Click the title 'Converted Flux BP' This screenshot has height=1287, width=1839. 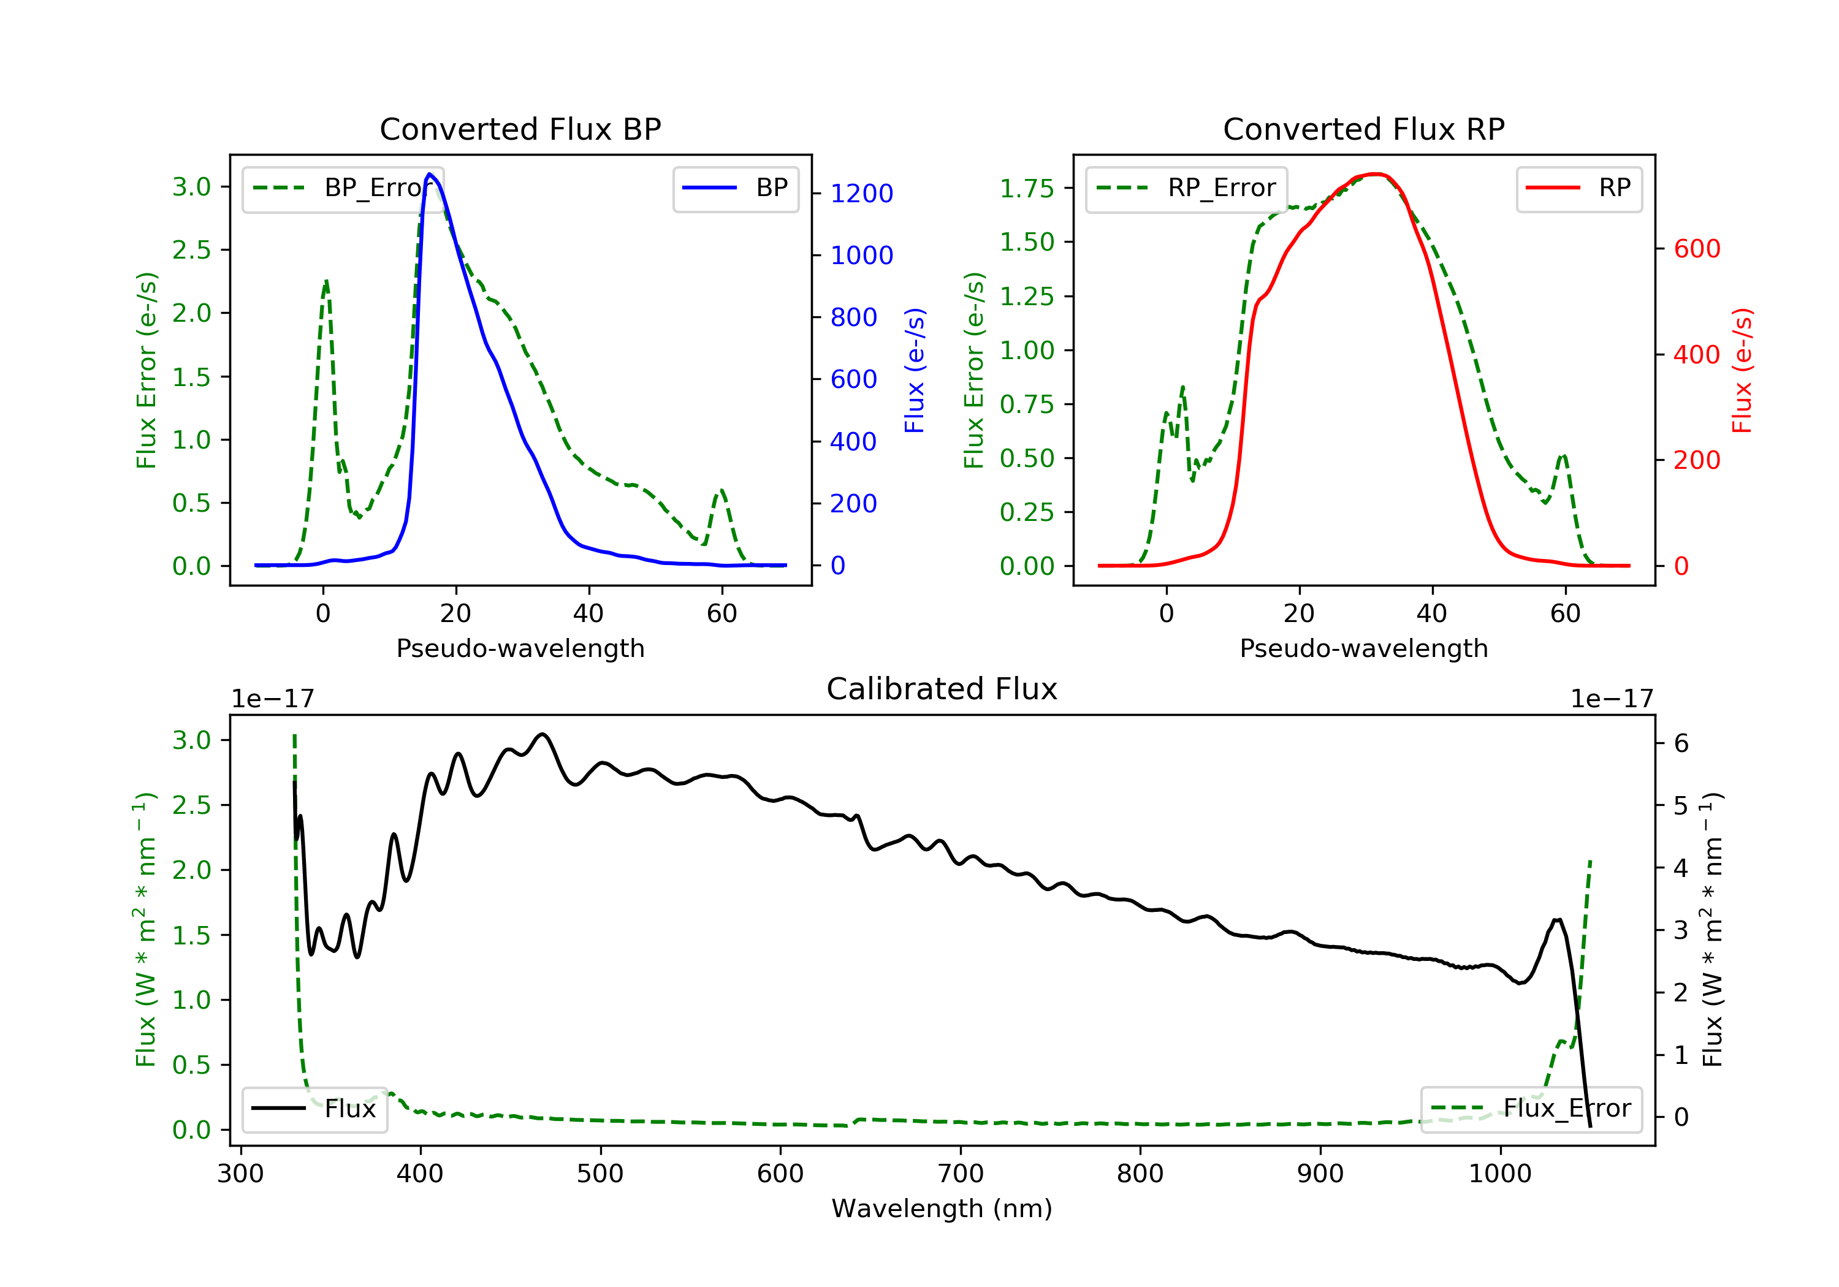(x=520, y=129)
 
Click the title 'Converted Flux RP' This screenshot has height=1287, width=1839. (x=1363, y=129)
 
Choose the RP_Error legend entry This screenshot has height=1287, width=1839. (x=1186, y=188)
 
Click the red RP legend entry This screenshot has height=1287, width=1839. (x=1578, y=188)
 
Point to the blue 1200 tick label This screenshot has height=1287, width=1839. (x=861, y=193)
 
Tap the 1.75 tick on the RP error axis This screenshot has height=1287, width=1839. (x=1026, y=188)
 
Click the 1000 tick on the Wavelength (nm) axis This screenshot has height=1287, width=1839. (x=1499, y=1174)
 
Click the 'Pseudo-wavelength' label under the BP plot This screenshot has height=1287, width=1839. (x=520, y=648)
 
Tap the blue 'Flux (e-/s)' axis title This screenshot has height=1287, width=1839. (x=915, y=370)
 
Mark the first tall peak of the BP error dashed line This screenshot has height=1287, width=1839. (x=326, y=281)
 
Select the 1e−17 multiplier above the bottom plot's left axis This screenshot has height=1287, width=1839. (x=272, y=699)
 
